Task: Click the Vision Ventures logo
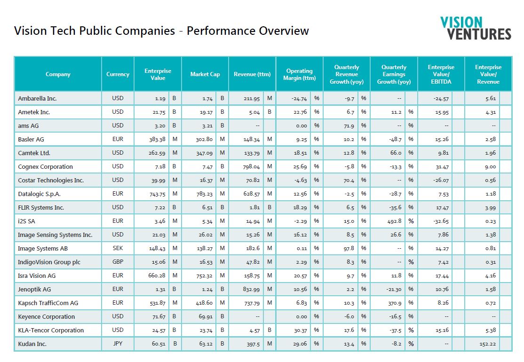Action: click(476, 28)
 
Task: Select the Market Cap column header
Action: click(205, 74)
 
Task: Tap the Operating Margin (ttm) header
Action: click(300, 74)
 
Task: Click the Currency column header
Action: click(118, 74)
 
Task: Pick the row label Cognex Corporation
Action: click(46, 166)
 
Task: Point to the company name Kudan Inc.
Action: click(32, 344)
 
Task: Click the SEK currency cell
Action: click(118, 248)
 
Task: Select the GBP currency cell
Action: click(118, 262)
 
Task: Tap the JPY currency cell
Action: click(118, 343)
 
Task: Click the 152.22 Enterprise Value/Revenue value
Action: click(488, 344)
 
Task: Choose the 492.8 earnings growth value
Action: click(395, 221)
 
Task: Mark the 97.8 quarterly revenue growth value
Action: click(349, 248)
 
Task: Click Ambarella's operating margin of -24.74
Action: click(299, 99)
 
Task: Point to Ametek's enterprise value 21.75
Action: click(159, 112)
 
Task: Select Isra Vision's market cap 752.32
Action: click(205, 276)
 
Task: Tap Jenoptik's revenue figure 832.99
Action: click(251, 289)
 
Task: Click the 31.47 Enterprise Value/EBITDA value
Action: click(442, 166)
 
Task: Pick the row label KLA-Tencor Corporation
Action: click(51, 331)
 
